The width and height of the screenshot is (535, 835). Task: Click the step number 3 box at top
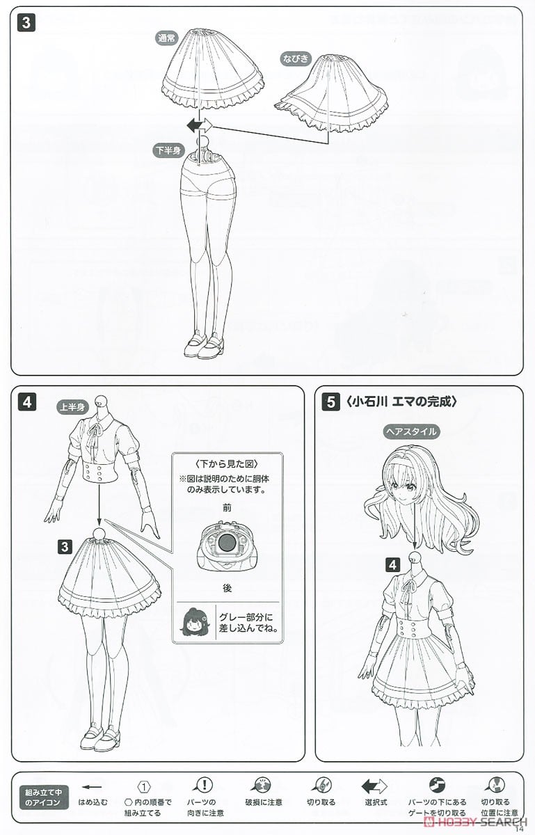pos(25,22)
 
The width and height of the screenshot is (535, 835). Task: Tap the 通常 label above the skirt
pos(168,40)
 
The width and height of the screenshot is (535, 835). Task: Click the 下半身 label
pos(167,150)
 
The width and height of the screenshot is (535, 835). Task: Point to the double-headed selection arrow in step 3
pos(199,126)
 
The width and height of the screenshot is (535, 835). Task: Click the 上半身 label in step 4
pos(70,408)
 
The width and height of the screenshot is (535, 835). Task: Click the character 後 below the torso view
pos(227,587)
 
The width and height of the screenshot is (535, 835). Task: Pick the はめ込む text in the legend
pos(93,802)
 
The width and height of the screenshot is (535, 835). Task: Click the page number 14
pos(520,828)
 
